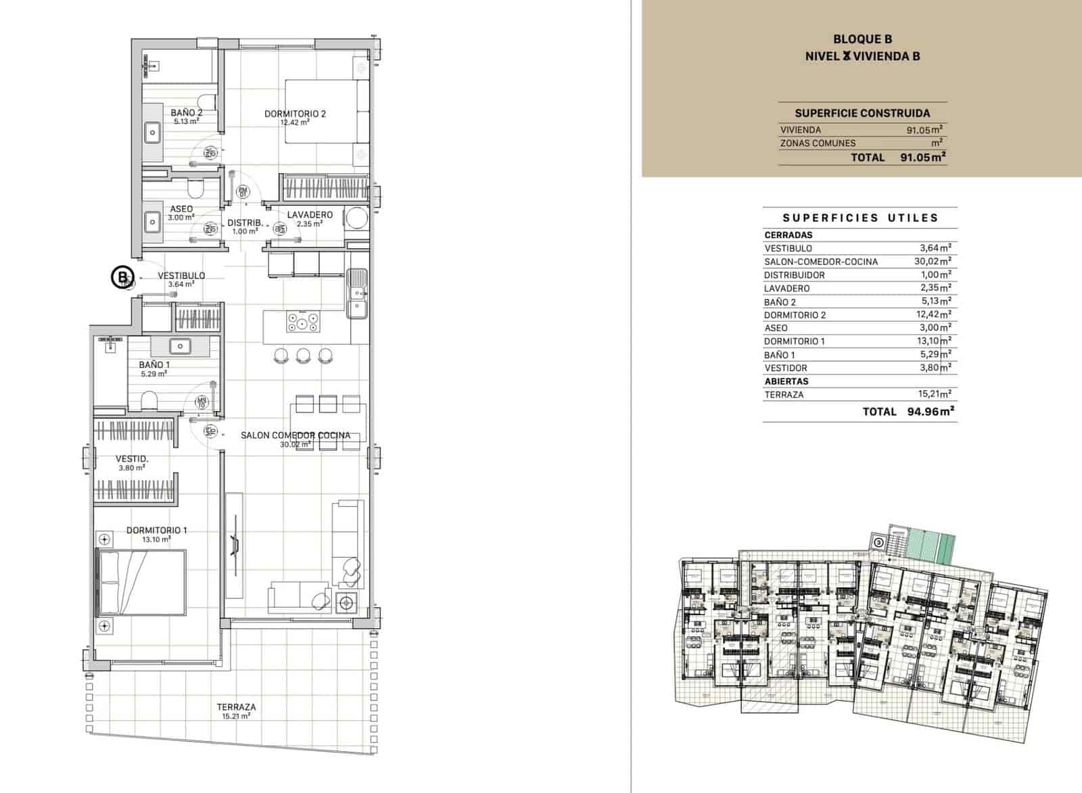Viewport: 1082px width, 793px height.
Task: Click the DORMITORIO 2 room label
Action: click(295, 114)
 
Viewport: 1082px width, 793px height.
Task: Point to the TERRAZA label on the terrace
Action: click(236, 707)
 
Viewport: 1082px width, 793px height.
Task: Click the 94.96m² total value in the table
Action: click(931, 411)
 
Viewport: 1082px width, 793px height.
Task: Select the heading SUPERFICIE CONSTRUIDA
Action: click(862, 113)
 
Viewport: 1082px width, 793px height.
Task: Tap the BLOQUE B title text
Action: click(862, 40)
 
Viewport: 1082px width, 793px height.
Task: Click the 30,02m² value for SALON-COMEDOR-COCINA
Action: click(933, 261)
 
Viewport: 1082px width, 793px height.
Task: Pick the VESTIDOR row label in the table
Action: click(785, 368)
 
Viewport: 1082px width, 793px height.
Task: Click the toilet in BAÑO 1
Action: click(149, 401)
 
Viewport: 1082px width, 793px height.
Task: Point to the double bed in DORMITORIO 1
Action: click(142, 582)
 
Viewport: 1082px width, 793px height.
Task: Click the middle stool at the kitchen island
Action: click(303, 355)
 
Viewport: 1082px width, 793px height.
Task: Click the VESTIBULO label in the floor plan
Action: click(181, 275)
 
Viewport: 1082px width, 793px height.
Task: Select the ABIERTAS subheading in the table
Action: click(786, 381)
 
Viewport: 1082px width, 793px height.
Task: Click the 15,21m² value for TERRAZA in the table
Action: click(933, 393)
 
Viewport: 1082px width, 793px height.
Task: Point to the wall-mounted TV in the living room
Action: click(235, 545)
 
